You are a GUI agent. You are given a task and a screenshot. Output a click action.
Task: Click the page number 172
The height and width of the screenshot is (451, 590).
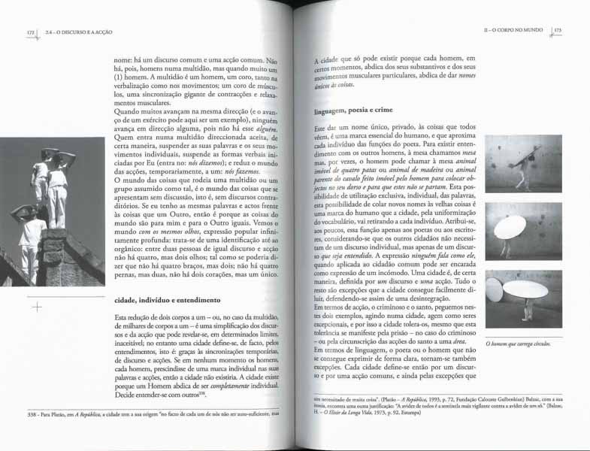[x=31, y=32]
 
